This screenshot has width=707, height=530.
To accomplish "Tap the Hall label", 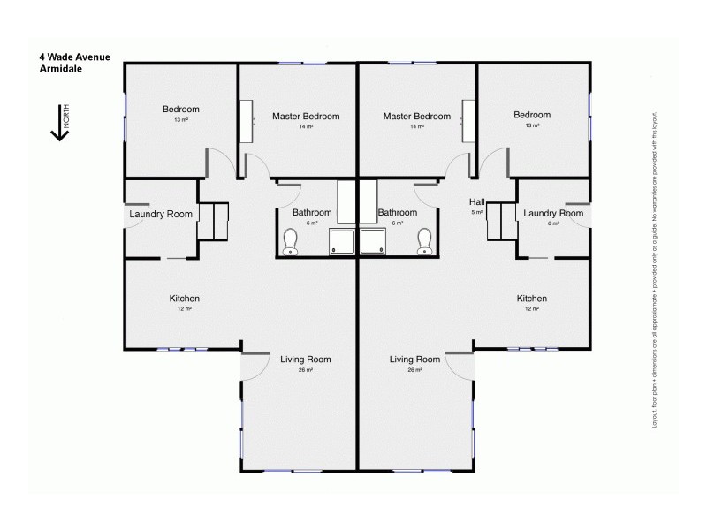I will (476, 202).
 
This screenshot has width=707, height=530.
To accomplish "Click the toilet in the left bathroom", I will (290, 241).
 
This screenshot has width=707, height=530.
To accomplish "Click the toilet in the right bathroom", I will (424, 241).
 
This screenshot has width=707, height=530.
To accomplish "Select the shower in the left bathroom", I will (341, 242).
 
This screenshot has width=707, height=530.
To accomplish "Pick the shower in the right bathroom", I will (372, 242).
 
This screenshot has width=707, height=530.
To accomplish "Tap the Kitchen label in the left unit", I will (184, 299).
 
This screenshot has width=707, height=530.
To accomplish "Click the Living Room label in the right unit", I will (414, 360).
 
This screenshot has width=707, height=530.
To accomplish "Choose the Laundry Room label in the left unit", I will (161, 214).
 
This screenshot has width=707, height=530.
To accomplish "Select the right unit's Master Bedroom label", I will (416, 116).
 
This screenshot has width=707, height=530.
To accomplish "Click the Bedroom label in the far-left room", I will (180, 110).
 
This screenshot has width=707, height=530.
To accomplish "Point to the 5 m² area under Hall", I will (476, 213).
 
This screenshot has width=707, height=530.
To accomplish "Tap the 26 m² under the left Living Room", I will (305, 370).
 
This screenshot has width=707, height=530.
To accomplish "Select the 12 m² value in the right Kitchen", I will (531, 309).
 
